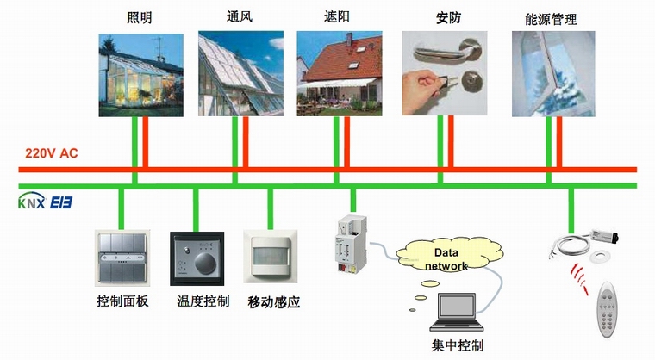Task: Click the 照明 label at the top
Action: click(x=140, y=17)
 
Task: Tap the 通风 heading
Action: click(x=240, y=16)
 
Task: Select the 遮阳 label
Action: click(x=337, y=16)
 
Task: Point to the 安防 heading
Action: click(x=449, y=17)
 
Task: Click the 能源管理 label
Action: click(x=551, y=19)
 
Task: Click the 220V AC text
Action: click(x=52, y=153)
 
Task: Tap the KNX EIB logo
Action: click(x=45, y=202)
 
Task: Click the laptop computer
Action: click(x=457, y=312)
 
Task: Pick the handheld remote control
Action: click(x=608, y=309)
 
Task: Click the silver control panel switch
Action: click(x=122, y=258)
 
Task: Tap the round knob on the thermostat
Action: click(x=206, y=263)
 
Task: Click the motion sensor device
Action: click(x=271, y=257)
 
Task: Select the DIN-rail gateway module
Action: click(x=352, y=245)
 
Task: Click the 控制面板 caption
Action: click(x=122, y=301)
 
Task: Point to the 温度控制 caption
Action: click(x=203, y=301)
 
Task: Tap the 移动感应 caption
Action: click(x=273, y=302)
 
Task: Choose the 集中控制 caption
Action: click(x=458, y=345)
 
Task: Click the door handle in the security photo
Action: click(x=448, y=50)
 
